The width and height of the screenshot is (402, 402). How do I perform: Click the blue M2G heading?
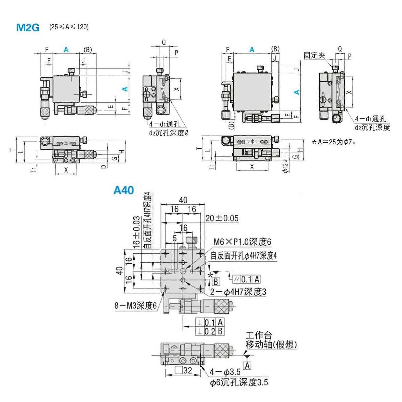pos(28,27)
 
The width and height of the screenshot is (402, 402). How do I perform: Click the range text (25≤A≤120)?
pos(69,27)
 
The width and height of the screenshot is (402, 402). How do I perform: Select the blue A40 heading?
pos(124,190)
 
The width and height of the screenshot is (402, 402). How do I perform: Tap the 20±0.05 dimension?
pos(222,218)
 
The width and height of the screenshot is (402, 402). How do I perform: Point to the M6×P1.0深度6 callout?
pos(242,242)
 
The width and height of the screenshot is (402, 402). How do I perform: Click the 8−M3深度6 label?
pos(135,306)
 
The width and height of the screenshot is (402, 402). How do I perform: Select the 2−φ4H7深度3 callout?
pos(238,292)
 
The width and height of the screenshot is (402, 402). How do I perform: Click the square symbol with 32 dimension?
pos(184,370)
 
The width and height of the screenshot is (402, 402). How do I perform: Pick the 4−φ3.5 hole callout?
pos(225,372)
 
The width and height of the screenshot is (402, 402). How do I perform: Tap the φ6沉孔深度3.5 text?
pos(239,382)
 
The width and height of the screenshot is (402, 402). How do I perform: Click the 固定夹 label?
pos(314,55)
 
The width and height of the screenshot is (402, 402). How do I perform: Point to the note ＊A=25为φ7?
pos(334,142)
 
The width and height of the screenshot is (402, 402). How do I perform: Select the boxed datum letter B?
pos(216,282)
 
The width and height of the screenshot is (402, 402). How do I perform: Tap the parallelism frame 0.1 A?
pos(247,279)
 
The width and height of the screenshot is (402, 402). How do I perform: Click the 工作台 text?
pos(259,335)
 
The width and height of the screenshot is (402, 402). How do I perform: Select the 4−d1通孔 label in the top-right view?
pos(370,119)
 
